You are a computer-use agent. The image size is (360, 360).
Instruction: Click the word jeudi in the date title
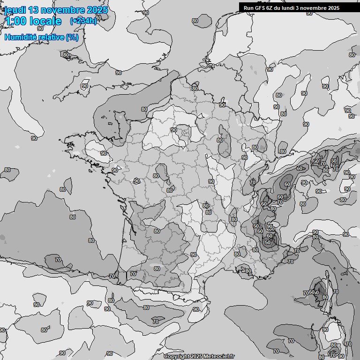(x=15, y=10)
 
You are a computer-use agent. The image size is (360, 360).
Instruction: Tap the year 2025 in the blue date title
(x=96, y=10)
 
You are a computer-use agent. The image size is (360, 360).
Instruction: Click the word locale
(x=45, y=21)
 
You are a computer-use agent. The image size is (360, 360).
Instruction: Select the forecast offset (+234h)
(x=83, y=21)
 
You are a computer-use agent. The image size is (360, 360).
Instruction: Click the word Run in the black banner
(x=248, y=7)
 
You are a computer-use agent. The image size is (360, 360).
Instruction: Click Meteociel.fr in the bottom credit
(x=219, y=356)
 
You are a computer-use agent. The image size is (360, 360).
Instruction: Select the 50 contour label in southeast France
(x=268, y=242)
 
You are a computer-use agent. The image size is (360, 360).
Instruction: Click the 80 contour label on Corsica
(x=325, y=297)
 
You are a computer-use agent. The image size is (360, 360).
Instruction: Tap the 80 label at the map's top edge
(x=195, y=21)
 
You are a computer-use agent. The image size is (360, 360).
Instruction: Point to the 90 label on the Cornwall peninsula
(x=84, y=86)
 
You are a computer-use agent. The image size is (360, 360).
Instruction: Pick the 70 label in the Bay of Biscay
(x=58, y=259)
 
